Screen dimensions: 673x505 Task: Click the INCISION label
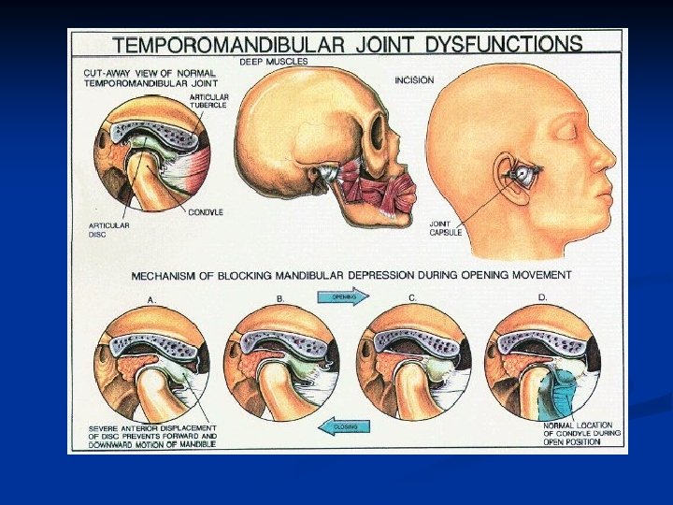[413, 80]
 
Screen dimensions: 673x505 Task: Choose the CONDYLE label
[206, 212]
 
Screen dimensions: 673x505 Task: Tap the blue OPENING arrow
[343, 296]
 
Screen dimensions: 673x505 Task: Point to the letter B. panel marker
[280, 298]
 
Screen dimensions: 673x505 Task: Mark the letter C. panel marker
[412, 297]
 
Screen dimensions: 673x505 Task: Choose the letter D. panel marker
[542, 297]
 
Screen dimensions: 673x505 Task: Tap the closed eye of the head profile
[565, 130]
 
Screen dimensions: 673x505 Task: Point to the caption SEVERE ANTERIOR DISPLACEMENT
[152, 433]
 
